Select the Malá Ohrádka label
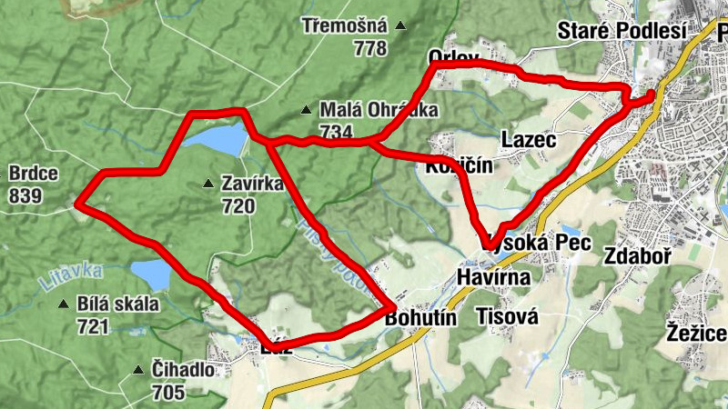click(x=379, y=110)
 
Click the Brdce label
click(x=34, y=173)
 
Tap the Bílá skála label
click(x=118, y=304)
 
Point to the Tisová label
click(x=508, y=316)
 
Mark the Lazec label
click(x=529, y=140)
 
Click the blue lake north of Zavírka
click(x=215, y=139)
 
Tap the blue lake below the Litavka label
click(x=149, y=272)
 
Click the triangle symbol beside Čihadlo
click(x=138, y=370)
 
